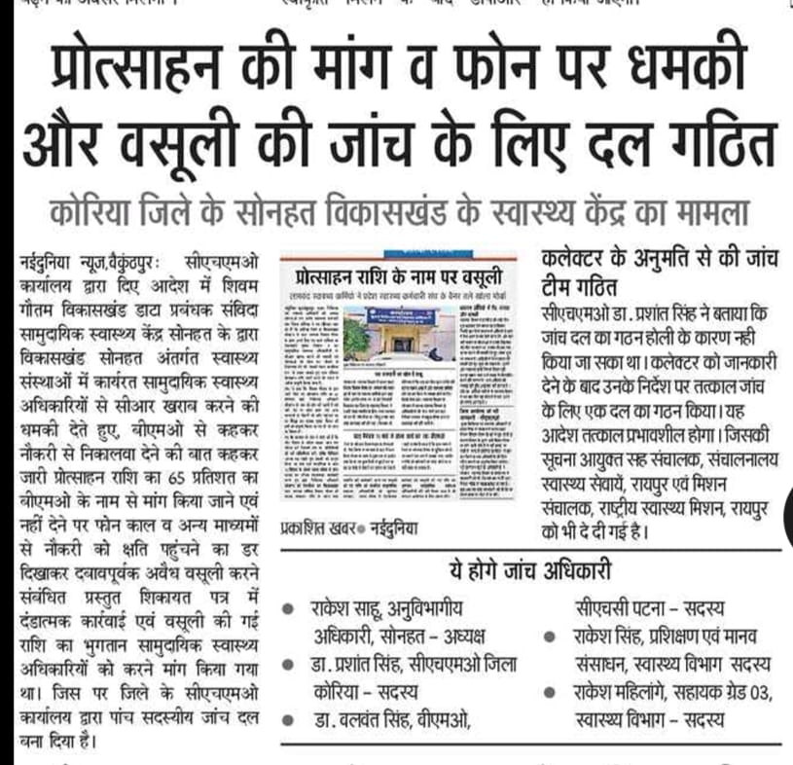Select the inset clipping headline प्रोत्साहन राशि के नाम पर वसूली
coord(402,270)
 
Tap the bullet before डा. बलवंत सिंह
coord(288,720)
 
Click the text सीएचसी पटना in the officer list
coord(611,610)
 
